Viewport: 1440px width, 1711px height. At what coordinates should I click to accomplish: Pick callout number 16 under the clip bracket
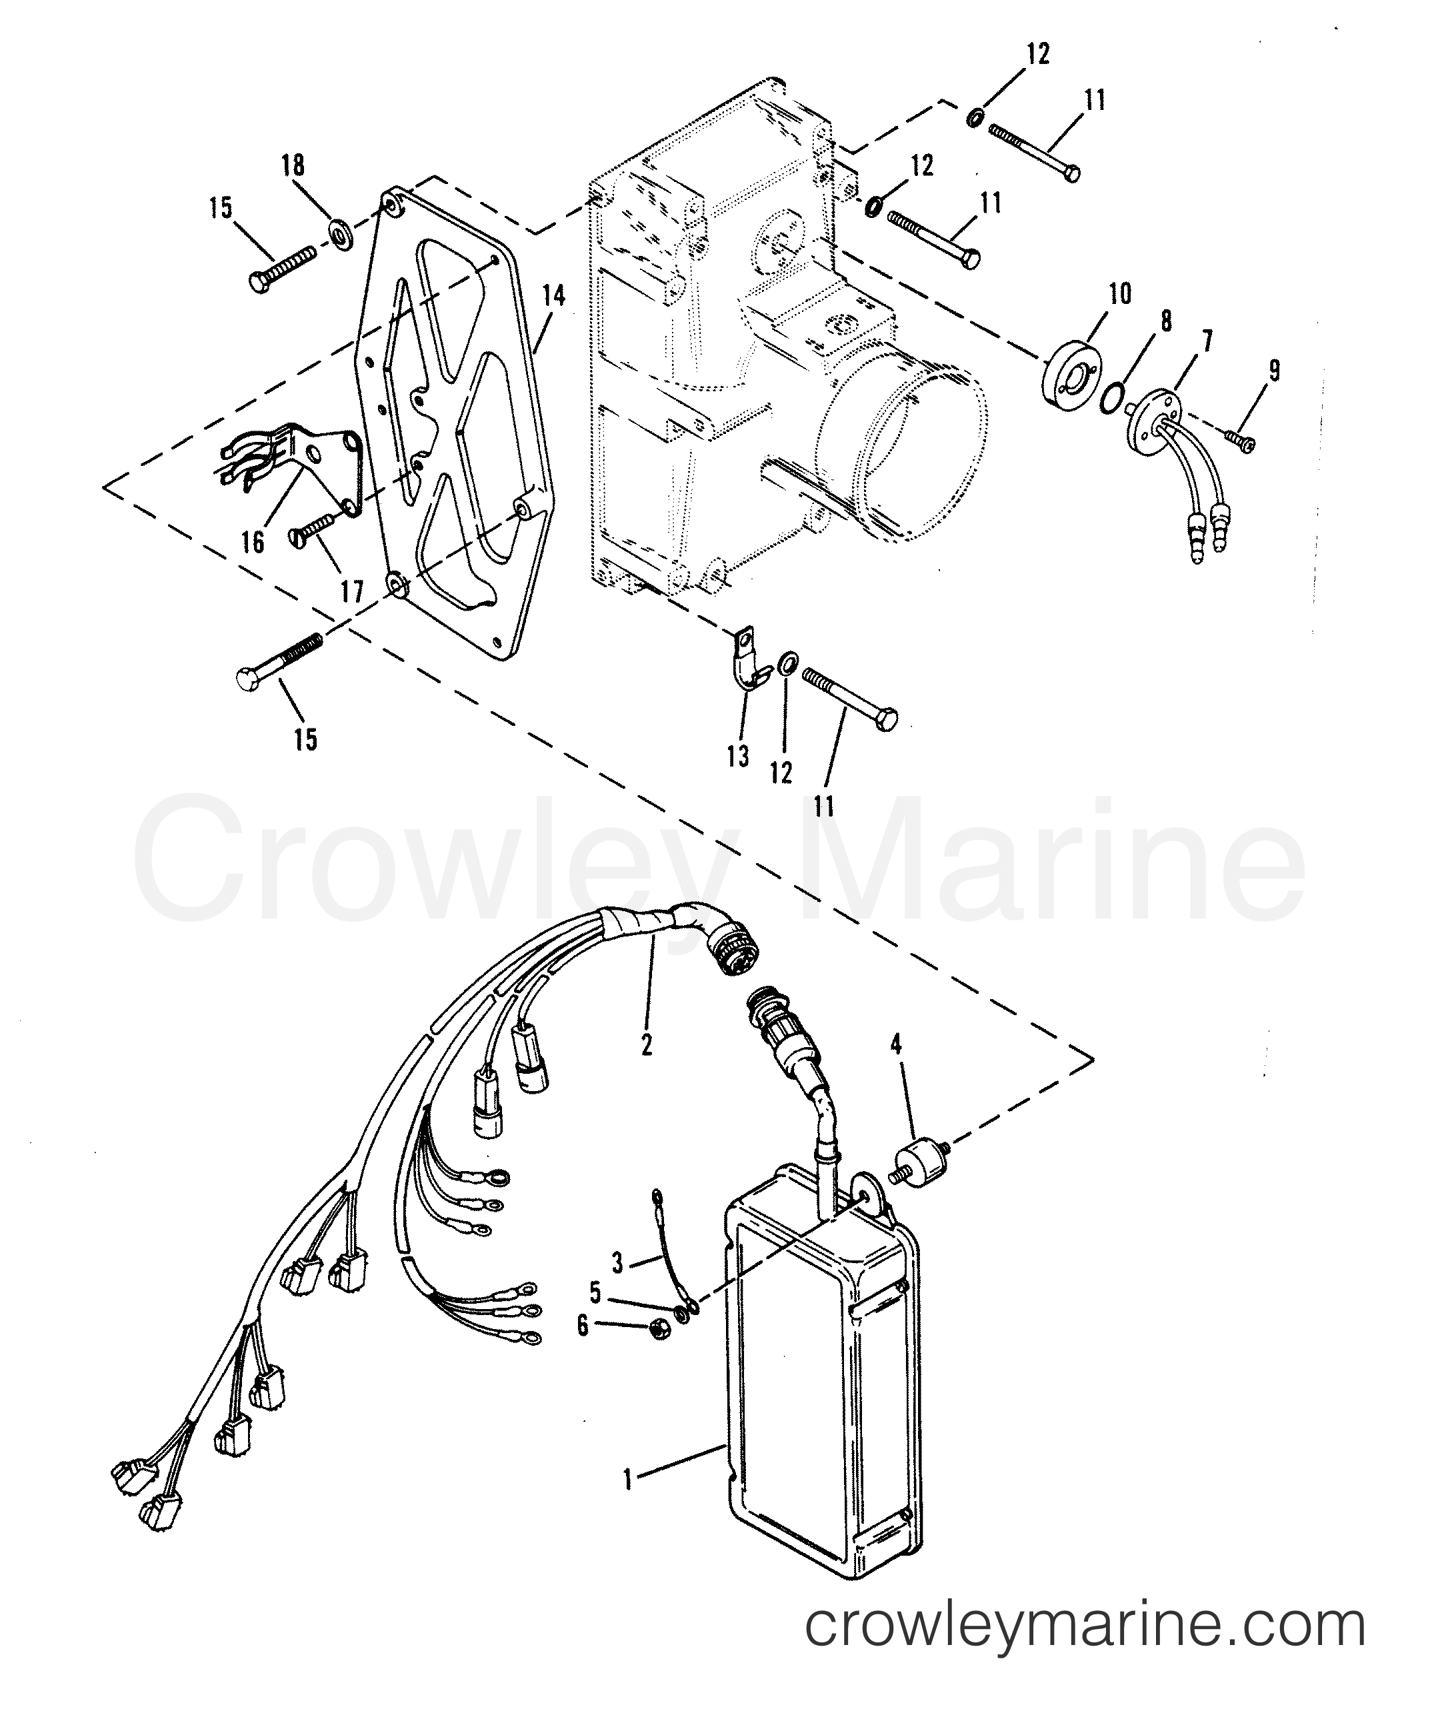point(254,541)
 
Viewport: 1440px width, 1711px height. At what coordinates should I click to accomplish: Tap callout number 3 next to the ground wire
point(618,1264)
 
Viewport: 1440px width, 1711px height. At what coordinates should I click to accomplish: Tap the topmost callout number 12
point(1037,55)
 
